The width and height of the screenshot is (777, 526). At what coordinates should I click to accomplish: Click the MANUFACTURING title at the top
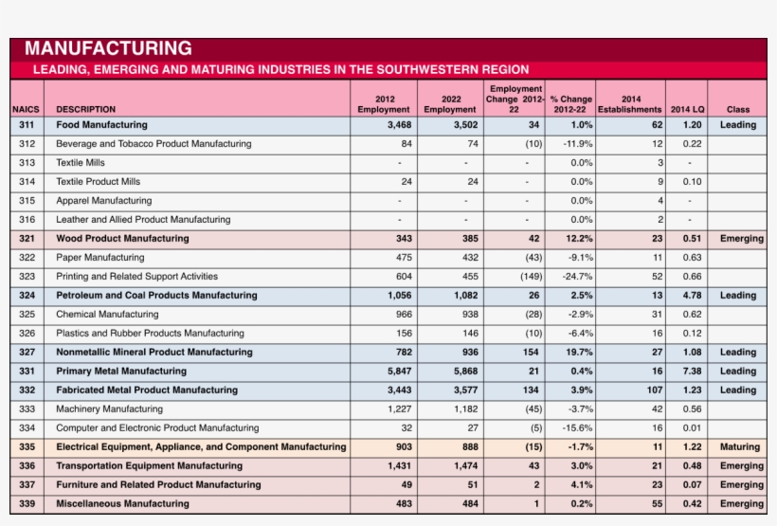(x=108, y=48)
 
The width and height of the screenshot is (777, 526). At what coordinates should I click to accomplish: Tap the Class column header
(x=737, y=109)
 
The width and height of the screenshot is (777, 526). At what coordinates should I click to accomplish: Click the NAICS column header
(x=26, y=109)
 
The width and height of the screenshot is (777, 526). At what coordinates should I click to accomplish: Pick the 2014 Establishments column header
(x=630, y=103)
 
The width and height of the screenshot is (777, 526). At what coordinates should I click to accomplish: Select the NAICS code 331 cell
(x=27, y=372)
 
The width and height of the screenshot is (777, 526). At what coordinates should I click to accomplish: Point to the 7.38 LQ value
(x=692, y=372)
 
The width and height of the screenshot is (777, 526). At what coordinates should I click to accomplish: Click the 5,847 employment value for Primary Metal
(x=399, y=372)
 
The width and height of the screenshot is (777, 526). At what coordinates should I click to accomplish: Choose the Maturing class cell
(x=739, y=447)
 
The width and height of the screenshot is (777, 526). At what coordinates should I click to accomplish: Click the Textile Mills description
(x=81, y=163)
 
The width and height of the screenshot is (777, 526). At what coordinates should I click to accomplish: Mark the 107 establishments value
(x=654, y=390)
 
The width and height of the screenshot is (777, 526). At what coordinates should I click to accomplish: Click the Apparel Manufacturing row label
(x=103, y=201)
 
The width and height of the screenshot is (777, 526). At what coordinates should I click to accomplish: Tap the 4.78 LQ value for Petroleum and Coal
(x=692, y=296)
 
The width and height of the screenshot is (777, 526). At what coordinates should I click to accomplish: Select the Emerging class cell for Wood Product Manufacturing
(x=741, y=239)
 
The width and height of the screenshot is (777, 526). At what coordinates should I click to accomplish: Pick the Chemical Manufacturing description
(x=107, y=315)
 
